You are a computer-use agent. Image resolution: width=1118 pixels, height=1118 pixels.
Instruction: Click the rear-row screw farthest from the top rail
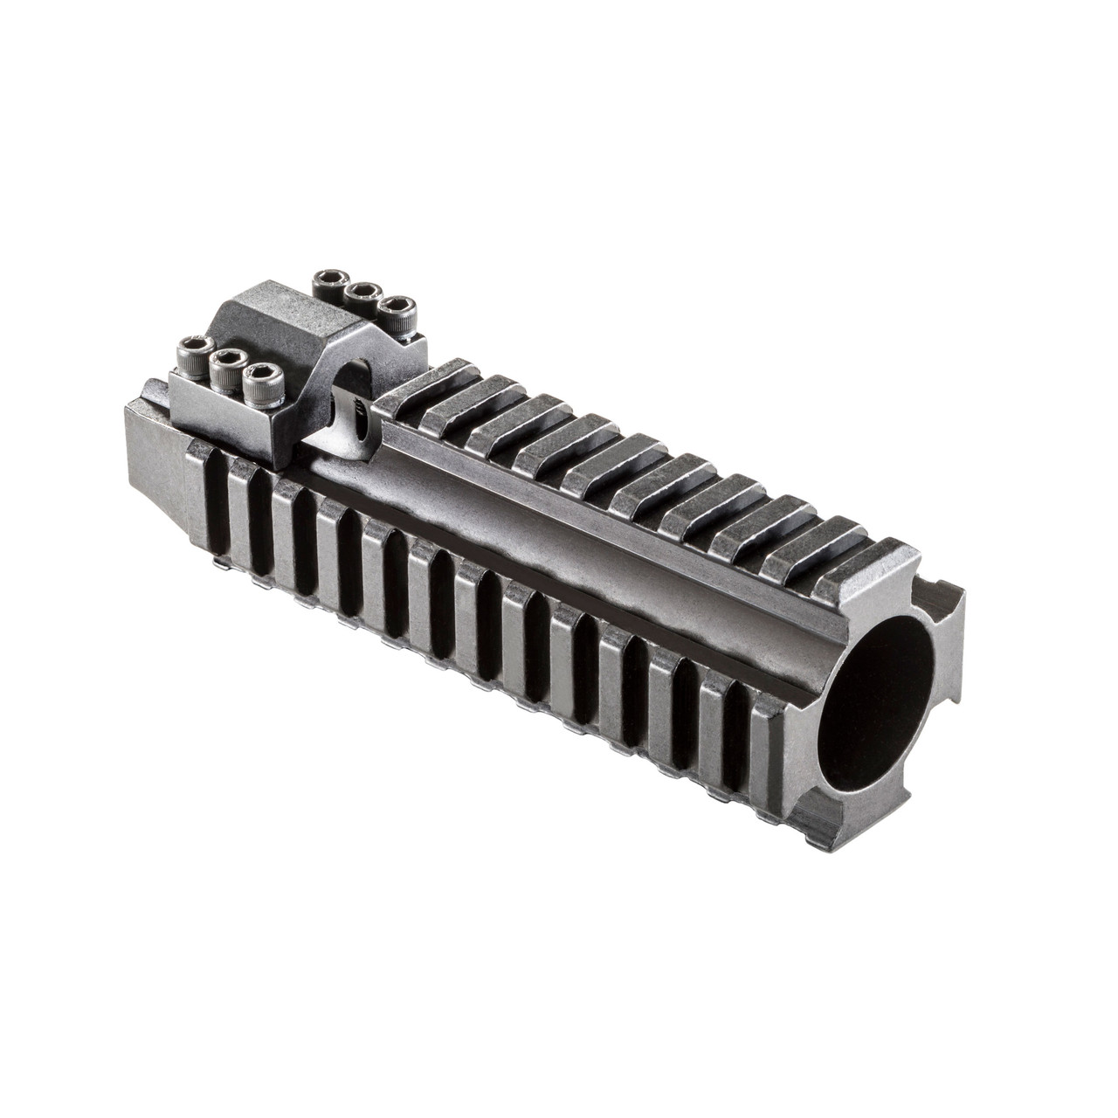click(329, 279)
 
